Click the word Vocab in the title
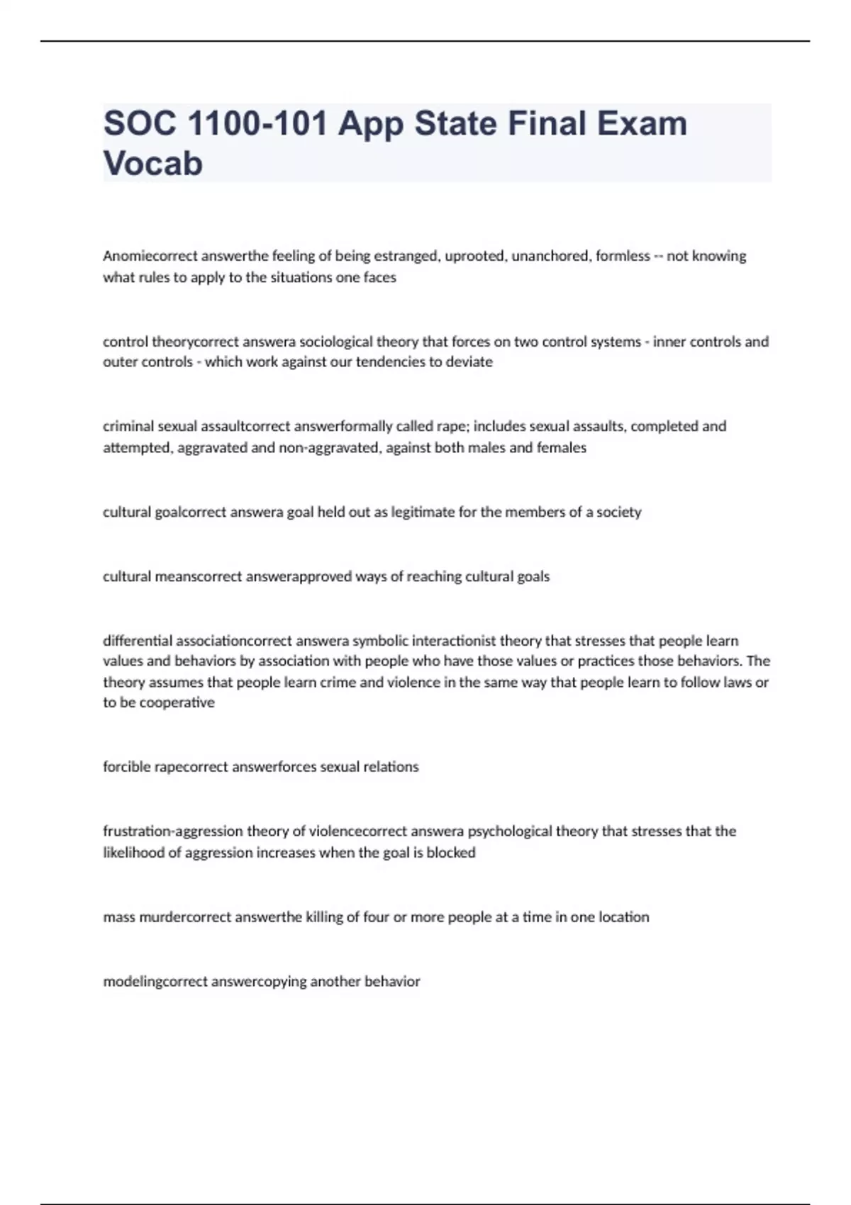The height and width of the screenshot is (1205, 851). [x=153, y=163]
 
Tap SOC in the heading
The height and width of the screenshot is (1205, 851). [x=140, y=123]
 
